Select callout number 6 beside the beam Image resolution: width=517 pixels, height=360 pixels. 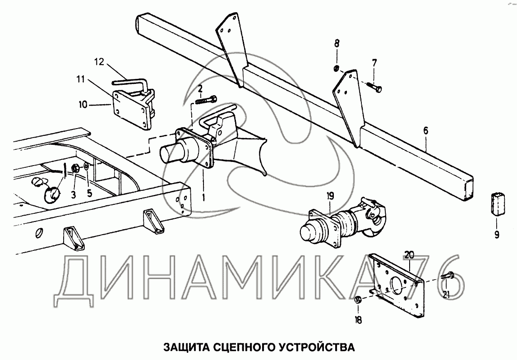tap(426, 131)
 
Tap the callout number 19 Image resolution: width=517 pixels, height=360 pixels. tap(330, 196)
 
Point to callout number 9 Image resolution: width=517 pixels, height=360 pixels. tap(496, 234)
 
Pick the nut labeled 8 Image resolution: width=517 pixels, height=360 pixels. tap(337, 69)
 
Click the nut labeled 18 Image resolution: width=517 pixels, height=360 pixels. tap(357, 300)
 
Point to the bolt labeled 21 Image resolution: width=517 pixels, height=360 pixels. tap(449, 276)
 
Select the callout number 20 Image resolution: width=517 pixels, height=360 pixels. tap(409, 255)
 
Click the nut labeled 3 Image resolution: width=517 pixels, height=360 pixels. tap(76, 169)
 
